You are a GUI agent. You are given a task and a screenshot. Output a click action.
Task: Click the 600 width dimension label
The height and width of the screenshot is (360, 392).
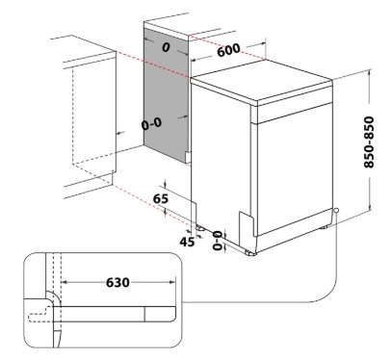coord(228,50)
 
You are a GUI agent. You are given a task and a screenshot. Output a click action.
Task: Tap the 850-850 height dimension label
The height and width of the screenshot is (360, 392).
coord(369,141)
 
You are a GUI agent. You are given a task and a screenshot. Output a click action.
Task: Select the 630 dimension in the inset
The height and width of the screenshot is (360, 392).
coord(118,282)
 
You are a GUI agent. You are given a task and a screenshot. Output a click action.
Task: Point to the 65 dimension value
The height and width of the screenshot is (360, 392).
coord(160,198)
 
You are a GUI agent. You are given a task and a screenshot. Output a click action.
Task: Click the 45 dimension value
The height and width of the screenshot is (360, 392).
coord(187,242)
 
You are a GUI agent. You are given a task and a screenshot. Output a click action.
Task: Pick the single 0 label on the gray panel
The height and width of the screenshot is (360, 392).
coord(166,47)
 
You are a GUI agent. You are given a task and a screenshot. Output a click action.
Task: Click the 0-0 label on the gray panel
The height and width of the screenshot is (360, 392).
coord(151,123)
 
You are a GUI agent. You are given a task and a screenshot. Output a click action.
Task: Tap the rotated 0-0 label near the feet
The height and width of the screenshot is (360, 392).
coord(218,240)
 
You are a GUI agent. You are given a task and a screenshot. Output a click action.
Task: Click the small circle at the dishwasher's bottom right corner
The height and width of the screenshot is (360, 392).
coord(336,211)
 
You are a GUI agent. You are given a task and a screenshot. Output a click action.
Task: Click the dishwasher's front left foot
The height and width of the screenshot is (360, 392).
coord(201,228)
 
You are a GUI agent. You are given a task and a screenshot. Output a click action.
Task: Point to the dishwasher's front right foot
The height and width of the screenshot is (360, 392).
coord(250,252)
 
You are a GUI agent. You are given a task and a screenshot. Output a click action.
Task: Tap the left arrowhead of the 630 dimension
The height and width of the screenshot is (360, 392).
coord(64,282)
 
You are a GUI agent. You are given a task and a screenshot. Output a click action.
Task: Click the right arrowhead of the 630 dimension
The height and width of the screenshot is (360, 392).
coord(172,282)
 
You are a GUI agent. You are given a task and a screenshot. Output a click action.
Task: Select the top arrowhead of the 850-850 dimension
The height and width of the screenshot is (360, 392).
coord(370,71)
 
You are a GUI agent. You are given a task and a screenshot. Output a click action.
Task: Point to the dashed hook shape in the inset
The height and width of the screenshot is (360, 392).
coord(40,314)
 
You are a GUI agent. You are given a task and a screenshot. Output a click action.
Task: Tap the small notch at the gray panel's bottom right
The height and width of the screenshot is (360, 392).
coord(189,157)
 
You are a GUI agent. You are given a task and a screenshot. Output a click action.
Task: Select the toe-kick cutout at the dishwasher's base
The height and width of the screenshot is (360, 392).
coord(247,223)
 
